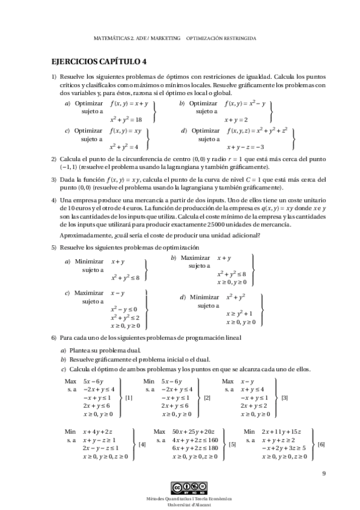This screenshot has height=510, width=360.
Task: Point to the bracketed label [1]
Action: point(129,398)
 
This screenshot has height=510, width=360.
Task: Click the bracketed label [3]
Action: point(284,398)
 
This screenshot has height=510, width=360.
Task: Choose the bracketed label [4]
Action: point(142,444)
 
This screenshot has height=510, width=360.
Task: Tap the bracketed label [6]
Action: point(322,444)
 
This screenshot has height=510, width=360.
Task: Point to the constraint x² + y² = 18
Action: point(126,120)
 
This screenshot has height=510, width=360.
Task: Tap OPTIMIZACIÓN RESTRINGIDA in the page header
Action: point(222,37)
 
